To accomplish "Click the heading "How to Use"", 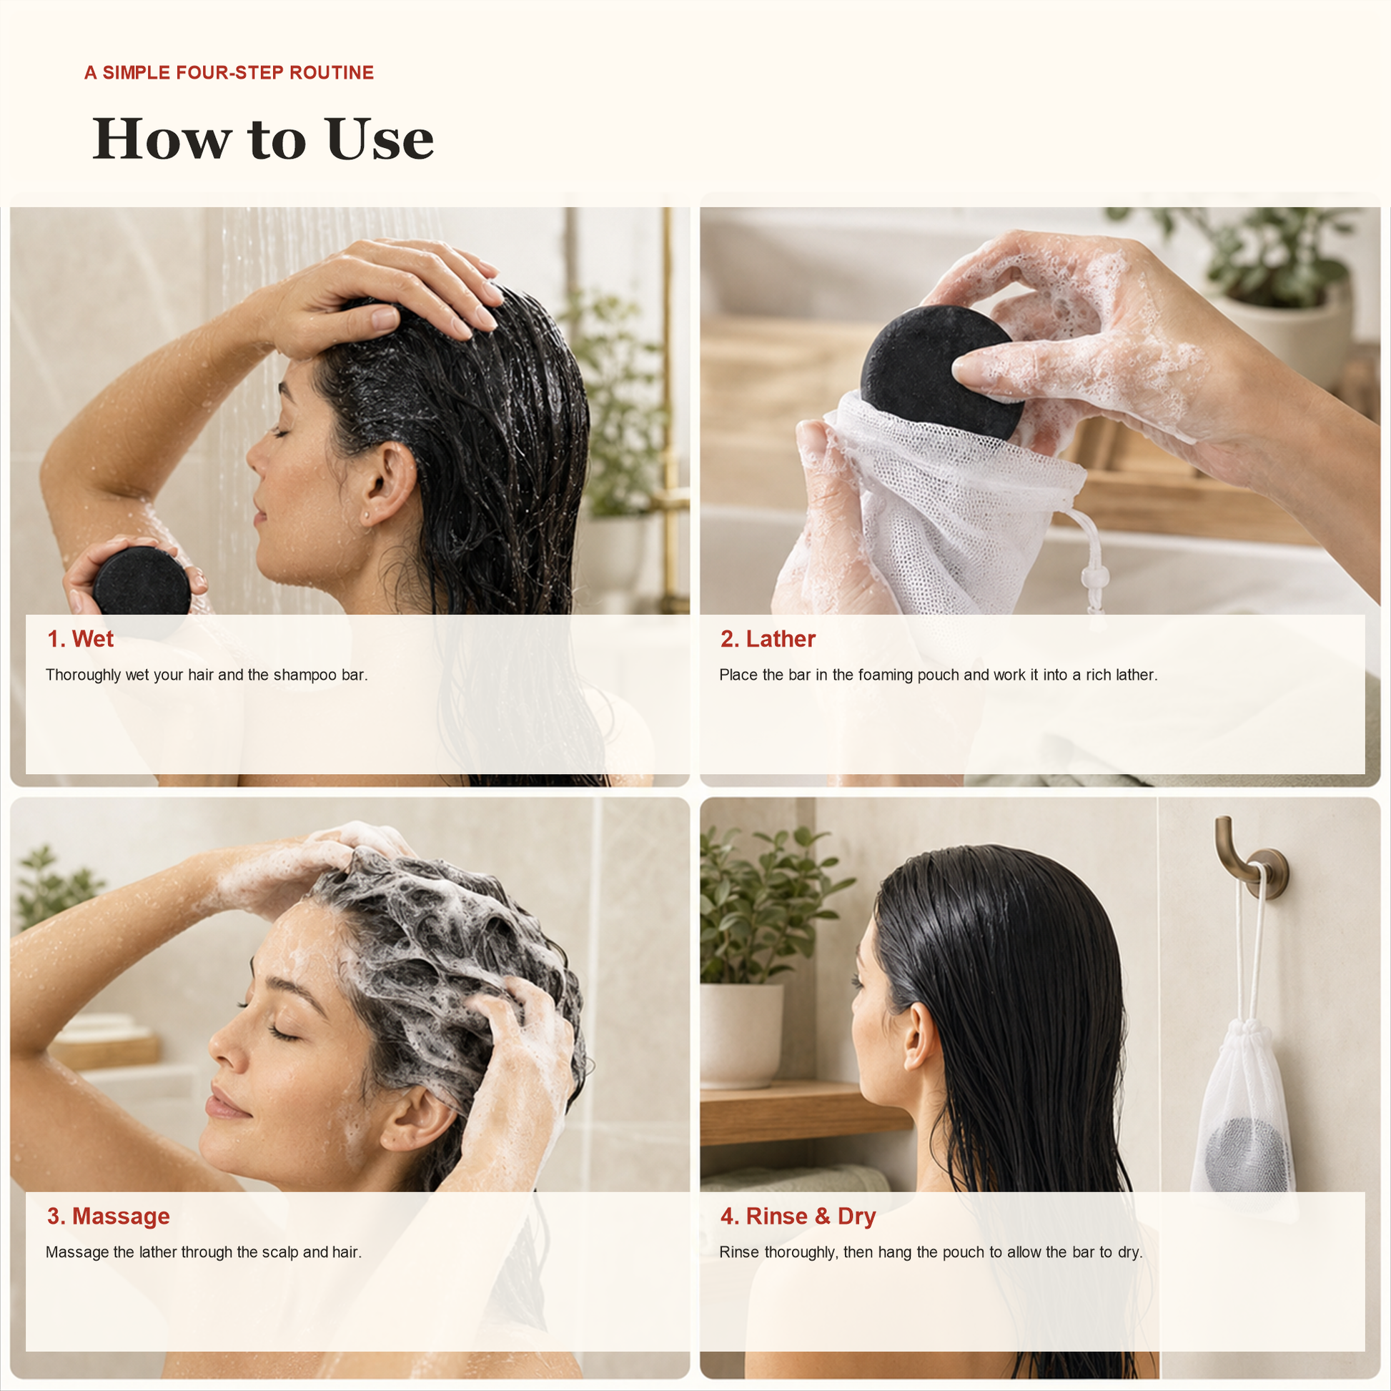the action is pyautogui.click(x=264, y=138).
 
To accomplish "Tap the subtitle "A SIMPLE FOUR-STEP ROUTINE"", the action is pyautogui.click(x=229, y=73).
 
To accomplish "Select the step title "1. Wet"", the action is pyautogui.click(x=80, y=638).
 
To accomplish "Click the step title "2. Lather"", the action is pyautogui.click(x=768, y=638).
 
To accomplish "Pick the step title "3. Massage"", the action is pyautogui.click(x=109, y=1216).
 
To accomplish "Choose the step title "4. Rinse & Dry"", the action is pyautogui.click(x=798, y=1216).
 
